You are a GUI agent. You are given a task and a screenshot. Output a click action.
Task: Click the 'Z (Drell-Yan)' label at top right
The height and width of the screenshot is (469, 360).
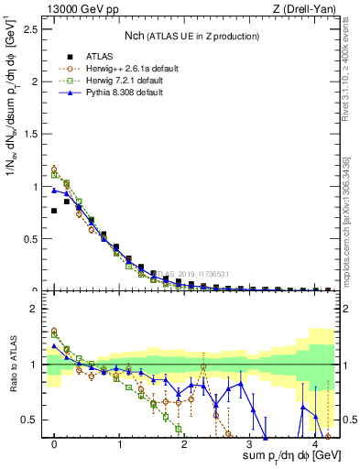[x=304, y=9]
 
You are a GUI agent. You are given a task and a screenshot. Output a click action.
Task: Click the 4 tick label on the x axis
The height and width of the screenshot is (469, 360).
[x=314, y=446]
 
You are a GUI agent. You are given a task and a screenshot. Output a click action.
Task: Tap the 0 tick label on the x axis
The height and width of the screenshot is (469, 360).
[x=55, y=446]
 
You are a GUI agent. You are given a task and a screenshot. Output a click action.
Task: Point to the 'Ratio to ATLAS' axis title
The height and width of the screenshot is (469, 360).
[x=11, y=367]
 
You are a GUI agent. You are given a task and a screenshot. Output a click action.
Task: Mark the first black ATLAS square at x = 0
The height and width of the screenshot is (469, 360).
[x=54, y=211]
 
